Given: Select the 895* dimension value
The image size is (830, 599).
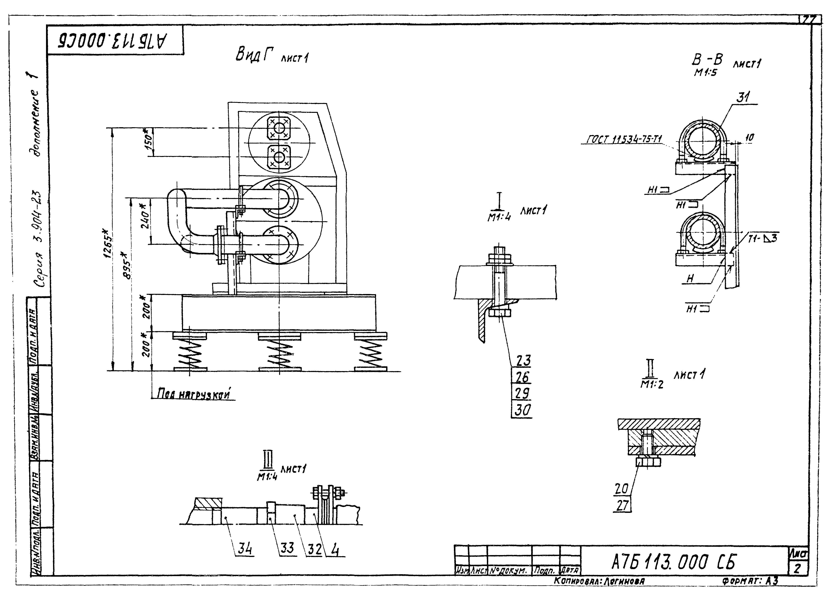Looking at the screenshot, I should pyautogui.click(x=126, y=265).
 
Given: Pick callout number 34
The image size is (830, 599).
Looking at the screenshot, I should pyautogui.click(x=245, y=548).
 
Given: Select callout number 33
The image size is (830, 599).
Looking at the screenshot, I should pyautogui.click(x=287, y=548).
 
